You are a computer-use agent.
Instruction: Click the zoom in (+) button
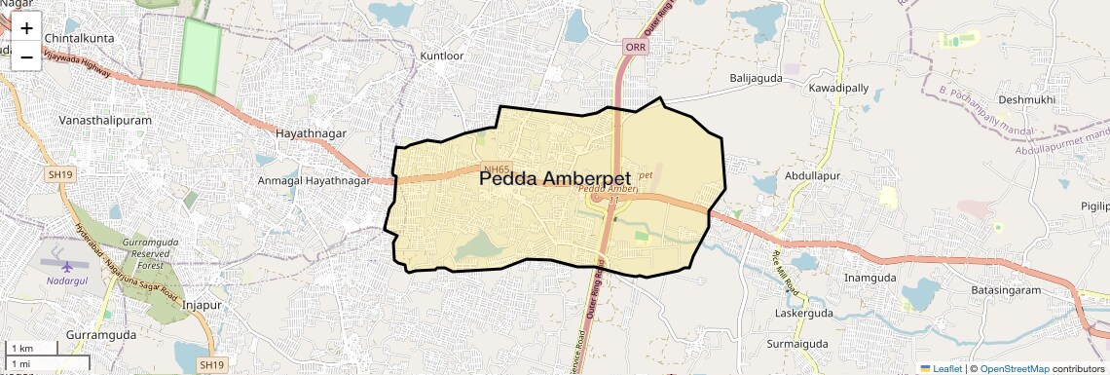tap(26, 27)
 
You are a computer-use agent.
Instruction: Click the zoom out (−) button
tap(26, 56)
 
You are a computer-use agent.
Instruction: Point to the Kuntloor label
tap(441, 56)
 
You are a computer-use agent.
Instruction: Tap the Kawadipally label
tap(838, 88)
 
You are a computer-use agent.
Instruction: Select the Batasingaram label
tap(1007, 290)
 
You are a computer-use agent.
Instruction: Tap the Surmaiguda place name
tap(796, 344)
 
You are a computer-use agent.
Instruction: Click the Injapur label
tap(203, 305)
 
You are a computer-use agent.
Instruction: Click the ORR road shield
tap(636, 47)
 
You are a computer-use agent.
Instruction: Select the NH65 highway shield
tap(498, 169)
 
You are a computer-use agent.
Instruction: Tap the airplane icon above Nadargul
tap(66, 265)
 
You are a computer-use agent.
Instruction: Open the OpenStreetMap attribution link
tap(1014, 368)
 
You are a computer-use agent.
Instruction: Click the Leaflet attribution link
tap(940, 368)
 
